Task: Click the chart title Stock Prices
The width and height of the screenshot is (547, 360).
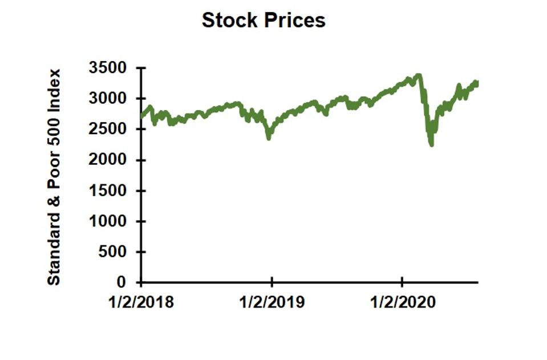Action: [x=264, y=21]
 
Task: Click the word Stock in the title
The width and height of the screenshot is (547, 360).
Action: [x=229, y=21]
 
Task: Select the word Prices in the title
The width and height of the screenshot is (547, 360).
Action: [x=296, y=21]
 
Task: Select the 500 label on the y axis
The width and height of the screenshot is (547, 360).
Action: [x=117, y=252]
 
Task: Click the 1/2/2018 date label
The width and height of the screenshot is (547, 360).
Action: [x=141, y=302]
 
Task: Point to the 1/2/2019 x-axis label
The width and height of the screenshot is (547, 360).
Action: [x=272, y=302]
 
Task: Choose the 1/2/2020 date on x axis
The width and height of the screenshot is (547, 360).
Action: [x=402, y=302]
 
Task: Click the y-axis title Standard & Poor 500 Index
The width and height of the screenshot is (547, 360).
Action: [x=54, y=177]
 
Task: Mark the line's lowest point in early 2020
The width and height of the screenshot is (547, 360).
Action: [x=431, y=144]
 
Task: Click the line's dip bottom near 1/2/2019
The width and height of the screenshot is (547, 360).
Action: [x=269, y=137]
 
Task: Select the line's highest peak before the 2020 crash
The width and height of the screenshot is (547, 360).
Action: [x=419, y=75]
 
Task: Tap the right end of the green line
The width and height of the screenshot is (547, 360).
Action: [x=477, y=83]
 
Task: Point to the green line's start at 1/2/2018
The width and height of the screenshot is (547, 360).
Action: [x=141, y=117]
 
